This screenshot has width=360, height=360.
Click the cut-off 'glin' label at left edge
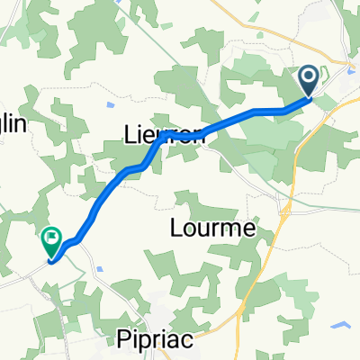15,126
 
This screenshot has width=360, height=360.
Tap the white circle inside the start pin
309,78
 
